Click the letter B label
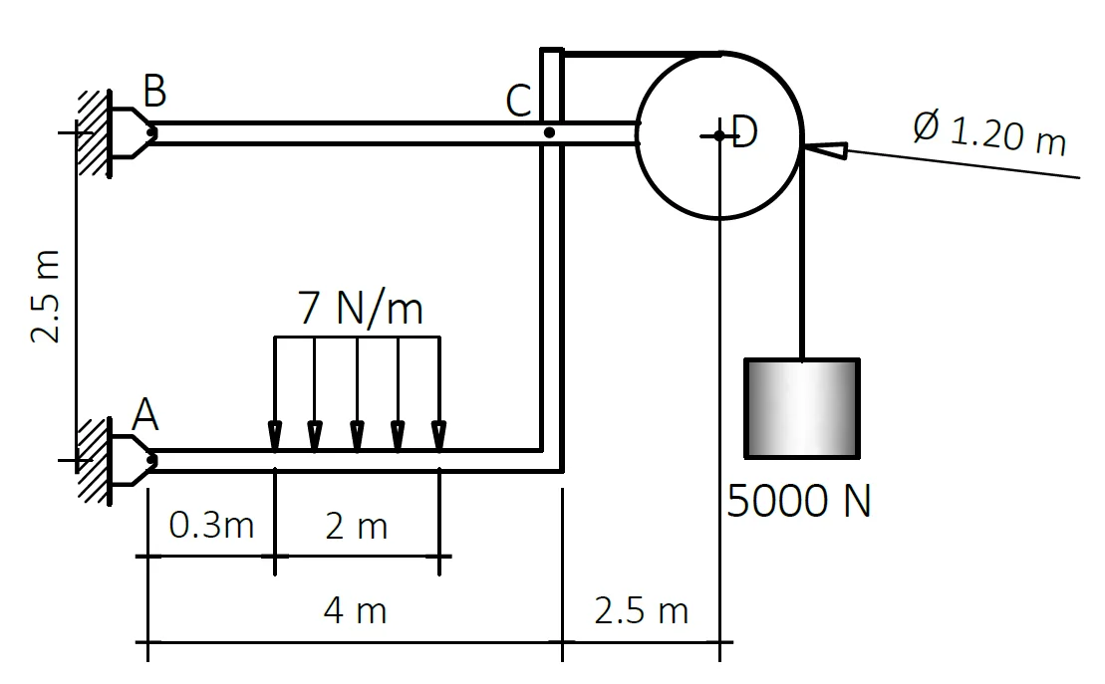[154, 92]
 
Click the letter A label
[144, 414]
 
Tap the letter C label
[519, 101]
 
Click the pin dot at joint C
[549, 132]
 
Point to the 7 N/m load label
[361, 310]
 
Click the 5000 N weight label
[798, 502]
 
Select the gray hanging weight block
[802, 409]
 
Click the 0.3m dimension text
[211, 526]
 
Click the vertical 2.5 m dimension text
[46, 296]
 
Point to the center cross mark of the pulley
[718, 134]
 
